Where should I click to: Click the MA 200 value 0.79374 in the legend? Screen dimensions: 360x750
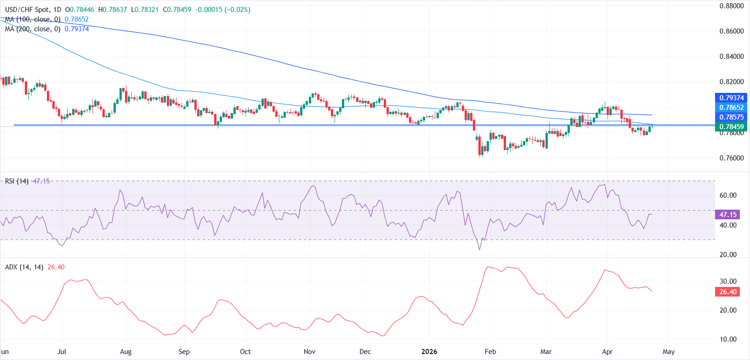pyautogui.click(x=77, y=29)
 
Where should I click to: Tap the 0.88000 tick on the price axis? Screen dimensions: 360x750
pyautogui.click(x=732, y=6)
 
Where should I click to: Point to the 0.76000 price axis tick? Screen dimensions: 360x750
pyautogui.click(x=732, y=158)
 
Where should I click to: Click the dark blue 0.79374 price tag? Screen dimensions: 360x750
pyautogui.click(x=731, y=98)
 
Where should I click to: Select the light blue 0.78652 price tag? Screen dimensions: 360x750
pyautogui.click(x=731, y=108)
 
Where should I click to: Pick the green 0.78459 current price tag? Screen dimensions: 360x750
pyautogui.click(x=731, y=127)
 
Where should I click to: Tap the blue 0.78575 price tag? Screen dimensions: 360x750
pyautogui.click(x=731, y=117)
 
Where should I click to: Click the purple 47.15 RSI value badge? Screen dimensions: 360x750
pyautogui.click(x=728, y=215)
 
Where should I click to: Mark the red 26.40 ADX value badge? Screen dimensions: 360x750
pyautogui.click(x=728, y=292)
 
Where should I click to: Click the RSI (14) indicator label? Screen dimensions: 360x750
pyautogui.click(x=17, y=181)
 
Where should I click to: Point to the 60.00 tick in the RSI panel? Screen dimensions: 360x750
pyautogui.click(x=728, y=195)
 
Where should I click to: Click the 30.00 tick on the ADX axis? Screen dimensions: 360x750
pyautogui.click(x=728, y=281)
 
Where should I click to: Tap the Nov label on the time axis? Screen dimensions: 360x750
pyautogui.click(x=310, y=352)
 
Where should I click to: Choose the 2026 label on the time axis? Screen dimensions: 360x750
pyautogui.click(x=429, y=352)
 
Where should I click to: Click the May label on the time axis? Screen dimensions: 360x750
pyautogui.click(x=669, y=352)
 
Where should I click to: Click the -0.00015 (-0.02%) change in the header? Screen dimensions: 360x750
pyautogui.click(x=223, y=10)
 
